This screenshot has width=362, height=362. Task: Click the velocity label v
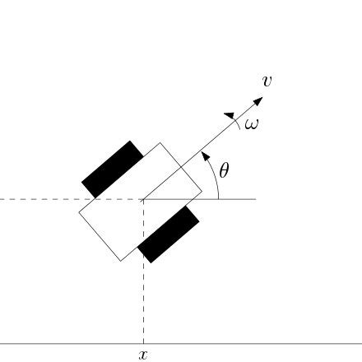(267, 81)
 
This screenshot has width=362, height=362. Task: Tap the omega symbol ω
(251, 125)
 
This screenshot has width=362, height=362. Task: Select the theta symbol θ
(224, 171)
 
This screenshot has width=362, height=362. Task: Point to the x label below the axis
(143, 355)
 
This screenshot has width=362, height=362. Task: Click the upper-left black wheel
(113, 169)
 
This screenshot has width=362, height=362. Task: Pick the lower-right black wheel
(169, 234)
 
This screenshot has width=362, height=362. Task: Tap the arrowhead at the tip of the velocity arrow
(258, 101)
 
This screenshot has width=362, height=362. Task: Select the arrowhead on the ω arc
(230, 118)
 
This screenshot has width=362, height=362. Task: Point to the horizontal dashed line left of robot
(41, 199)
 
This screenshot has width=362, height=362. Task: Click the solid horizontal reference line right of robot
(239, 199)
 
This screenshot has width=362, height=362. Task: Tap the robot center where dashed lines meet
(143, 199)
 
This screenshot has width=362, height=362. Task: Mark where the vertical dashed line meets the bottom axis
(143, 343)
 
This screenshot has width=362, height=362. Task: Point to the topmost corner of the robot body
(160, 143)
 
